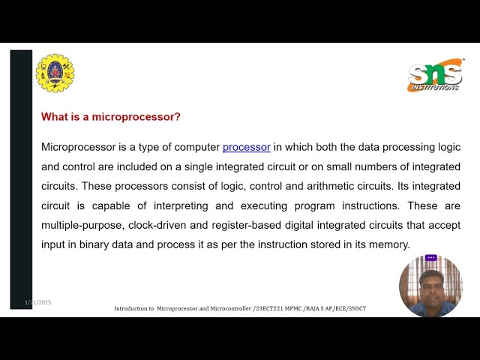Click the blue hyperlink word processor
[246, 147]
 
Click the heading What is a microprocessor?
[110, 117]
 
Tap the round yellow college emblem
[55, 73]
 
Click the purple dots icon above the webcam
[430, 258]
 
